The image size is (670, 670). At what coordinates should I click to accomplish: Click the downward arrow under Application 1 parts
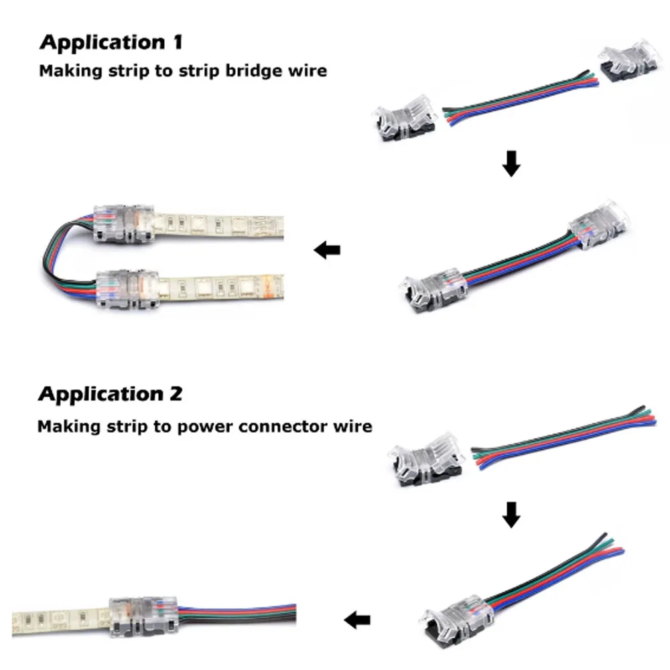click(511, 164)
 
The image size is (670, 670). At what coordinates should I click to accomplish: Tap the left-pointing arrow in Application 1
click(327, 251)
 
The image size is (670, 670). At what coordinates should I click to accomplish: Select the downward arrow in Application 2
click(511, 514)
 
